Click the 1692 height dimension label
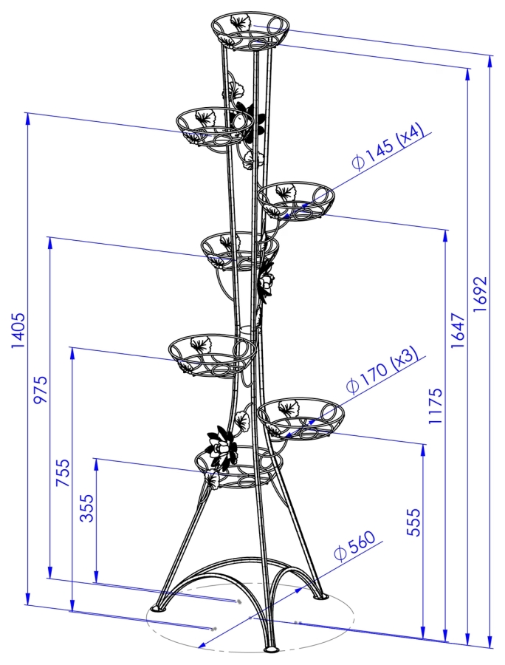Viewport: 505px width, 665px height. pos(481,295)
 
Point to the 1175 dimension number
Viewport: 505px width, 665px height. pos(436,405)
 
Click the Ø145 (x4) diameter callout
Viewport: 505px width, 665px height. pos(388,148)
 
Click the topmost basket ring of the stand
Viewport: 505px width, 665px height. pos(250,30)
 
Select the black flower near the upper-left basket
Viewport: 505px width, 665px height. pos(250,121)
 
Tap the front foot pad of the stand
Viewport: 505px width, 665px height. pos(271,649)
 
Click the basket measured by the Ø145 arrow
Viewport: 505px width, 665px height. pos(296,199)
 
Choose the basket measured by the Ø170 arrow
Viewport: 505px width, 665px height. pos(300,418)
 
